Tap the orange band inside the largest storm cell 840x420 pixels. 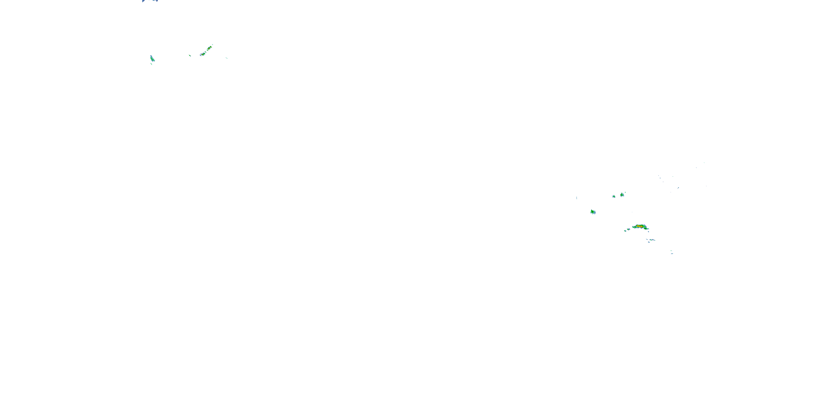(638, 226)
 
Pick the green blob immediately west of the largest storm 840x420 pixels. (628, 229)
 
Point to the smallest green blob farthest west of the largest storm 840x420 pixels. (626, 231)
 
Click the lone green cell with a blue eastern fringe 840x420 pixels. (593, 212)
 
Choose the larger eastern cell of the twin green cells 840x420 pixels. (622, 195)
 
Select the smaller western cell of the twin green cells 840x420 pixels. (614, 196)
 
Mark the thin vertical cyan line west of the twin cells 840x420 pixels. (577, 198)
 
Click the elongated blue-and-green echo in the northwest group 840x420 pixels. (152, 58)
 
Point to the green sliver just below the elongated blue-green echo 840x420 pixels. (151, 64)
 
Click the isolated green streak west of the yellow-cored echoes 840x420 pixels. (190, 56)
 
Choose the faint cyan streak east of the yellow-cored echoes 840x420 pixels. (227, 58)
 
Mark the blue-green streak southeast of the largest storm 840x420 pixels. (651, 240)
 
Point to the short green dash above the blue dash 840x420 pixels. (671, 251)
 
